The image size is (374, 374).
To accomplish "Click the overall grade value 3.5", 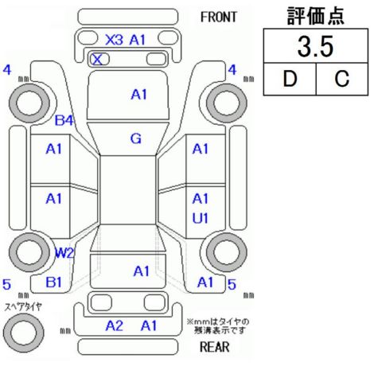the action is pos(315,47).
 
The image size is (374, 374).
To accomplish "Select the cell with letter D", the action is pos(290,79).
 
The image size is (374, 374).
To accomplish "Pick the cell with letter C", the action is pos(342,79).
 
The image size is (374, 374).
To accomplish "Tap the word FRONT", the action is pos(219,18).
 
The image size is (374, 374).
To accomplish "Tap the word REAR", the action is pos(215,347).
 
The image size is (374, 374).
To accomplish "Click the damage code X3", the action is pos(114,40).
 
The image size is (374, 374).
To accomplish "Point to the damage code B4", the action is pos(64,121).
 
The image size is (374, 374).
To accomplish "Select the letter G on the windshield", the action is pos(136,138).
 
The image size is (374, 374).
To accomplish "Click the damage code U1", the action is pos(201,219).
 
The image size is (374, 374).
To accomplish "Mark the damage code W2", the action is pos(64,253).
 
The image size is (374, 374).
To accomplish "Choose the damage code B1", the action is pos(54,282).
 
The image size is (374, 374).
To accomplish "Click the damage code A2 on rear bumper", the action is pos(115,325).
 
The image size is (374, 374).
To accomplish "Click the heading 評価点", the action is pos(316,16).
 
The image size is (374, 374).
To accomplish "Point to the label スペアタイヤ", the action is pos(23,307).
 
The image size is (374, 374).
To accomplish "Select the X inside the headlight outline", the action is pos(97,60).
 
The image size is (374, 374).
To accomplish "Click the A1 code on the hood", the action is pos(139,95).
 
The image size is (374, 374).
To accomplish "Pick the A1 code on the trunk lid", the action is pos(142,271).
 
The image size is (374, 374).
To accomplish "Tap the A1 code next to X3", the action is pos(138,40).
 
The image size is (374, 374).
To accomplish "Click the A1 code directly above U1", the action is pos(201,199).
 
